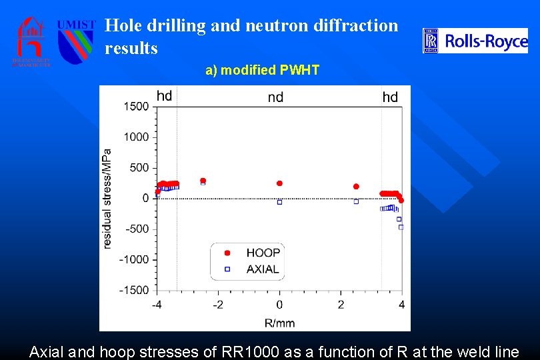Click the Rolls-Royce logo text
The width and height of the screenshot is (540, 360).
tap(486, 42)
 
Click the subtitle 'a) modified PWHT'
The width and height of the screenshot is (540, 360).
tap(262, 70)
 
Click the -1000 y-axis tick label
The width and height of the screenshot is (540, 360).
tap(133, 259)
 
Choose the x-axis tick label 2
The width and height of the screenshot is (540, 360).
tap(341, 305)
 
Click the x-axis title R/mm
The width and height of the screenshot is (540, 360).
tap(279, 323)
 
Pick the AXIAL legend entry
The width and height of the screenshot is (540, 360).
tap(262, 269)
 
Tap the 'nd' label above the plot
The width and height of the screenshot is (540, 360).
tap(275, 97)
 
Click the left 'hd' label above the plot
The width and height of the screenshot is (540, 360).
tap(164, 96)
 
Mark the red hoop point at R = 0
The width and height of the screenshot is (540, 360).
tap(279, 183)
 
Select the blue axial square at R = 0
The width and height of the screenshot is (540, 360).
tap(279, 201)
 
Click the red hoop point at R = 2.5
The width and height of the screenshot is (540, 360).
tap(356, 187)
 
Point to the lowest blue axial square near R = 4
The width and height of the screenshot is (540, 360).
tap(401, 227)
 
